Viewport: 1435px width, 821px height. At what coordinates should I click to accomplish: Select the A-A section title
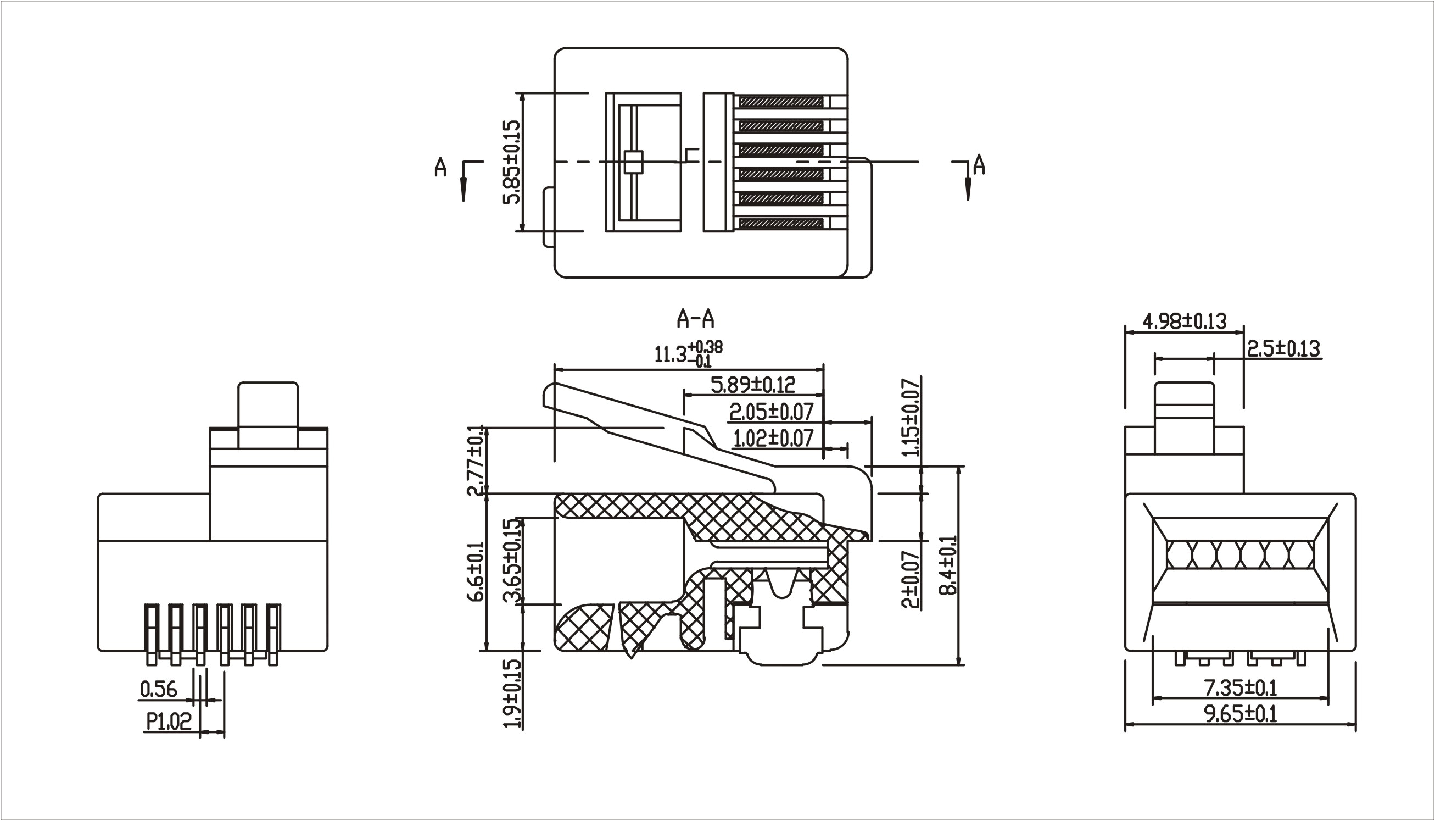click(695, 320)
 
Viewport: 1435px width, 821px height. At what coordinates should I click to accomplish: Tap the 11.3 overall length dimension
click(688, 353)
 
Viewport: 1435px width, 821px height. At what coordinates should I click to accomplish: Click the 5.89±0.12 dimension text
click(753, 385)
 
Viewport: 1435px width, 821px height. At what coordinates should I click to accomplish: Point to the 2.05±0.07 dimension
click(771, 412)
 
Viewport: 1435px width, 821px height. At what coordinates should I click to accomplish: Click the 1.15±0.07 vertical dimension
click(911, 417)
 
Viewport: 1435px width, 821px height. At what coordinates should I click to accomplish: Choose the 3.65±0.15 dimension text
click(512, 562)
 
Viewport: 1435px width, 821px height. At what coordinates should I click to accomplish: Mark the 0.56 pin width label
click(158, 689)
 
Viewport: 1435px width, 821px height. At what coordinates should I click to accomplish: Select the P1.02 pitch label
click(169, 721)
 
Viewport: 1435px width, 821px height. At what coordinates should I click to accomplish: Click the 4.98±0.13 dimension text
click(1183, 321)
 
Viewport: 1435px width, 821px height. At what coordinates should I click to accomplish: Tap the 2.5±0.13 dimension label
click(1283, 349)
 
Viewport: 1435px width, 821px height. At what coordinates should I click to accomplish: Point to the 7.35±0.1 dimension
click(1240, 688)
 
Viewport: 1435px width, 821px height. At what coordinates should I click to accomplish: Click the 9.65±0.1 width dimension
click(1240, 715)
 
